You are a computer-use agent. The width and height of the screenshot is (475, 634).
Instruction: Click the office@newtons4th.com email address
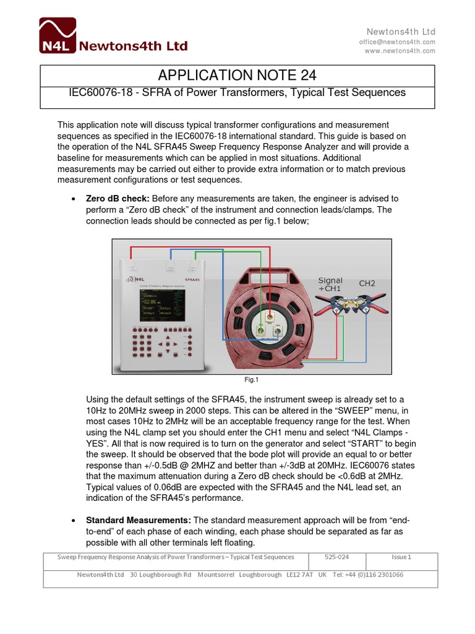(x=397, y=41)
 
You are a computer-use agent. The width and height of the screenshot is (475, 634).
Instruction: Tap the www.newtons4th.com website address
(x=400, y=51)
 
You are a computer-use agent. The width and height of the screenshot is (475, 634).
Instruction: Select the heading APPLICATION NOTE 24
(x=237, y=76)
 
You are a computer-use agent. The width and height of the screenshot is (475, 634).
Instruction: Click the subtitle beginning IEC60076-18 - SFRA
(x=237, y=92)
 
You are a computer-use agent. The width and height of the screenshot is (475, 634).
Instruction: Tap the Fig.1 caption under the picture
(x=252, y=380)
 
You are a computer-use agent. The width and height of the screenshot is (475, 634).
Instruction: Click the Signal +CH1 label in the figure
(x=330, y=284)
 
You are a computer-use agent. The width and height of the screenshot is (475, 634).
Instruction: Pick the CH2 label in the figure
(x=367, y=284)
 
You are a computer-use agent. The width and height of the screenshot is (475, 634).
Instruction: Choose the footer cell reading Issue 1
(x=401, y=557)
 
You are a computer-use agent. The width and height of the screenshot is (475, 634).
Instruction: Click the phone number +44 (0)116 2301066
(x=377, y=575)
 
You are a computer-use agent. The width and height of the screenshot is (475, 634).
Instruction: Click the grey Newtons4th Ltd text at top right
(x=401, y=32)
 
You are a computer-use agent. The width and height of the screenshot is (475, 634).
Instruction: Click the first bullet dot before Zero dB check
(x=74, y=199)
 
